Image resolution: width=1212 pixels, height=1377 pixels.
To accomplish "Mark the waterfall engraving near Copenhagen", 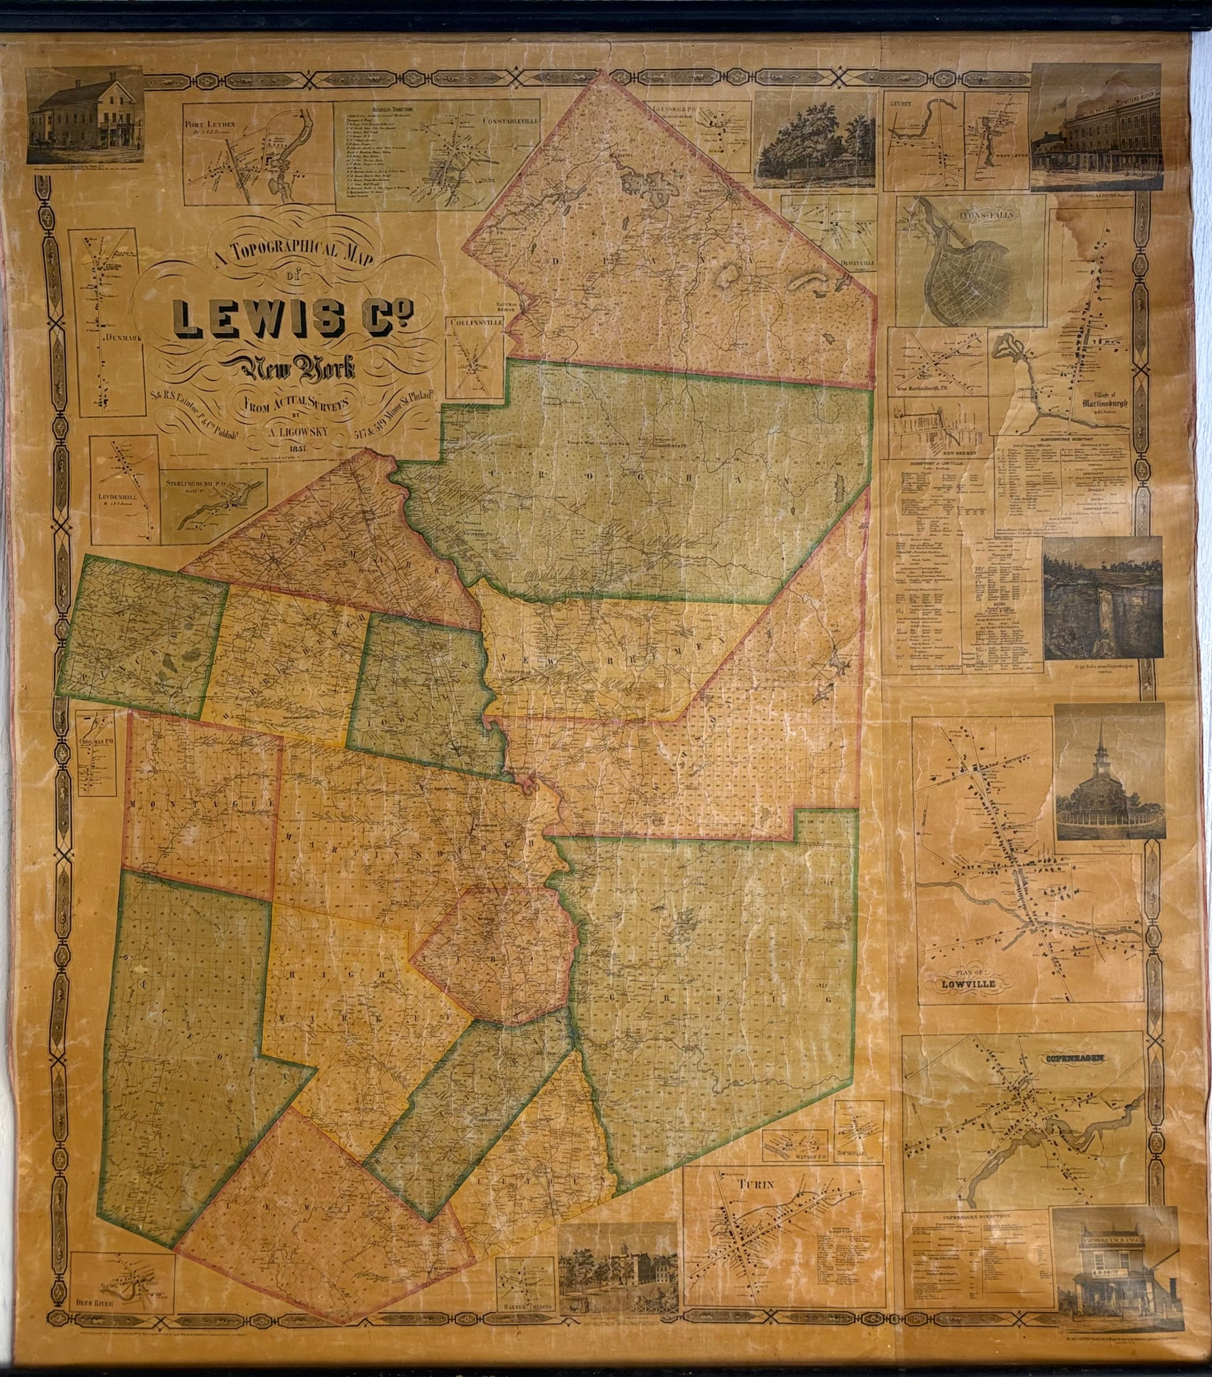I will (x=1102, y=598).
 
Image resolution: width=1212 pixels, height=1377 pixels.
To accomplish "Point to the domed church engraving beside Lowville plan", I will (x=1108, y=771).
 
